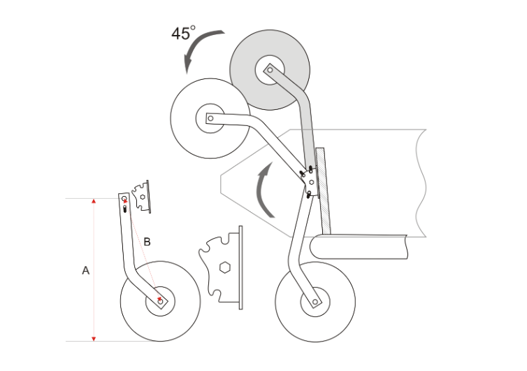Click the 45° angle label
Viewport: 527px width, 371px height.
click(x=183, y=33)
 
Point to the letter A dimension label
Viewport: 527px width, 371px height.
click(x=86, y=270)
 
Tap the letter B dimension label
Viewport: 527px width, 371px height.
click(x=147, y=241)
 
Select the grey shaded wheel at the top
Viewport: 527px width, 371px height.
click(x=270, y=70)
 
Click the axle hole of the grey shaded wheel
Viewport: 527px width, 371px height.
click(x=270, y=70)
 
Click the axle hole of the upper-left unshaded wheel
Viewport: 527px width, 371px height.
click(x=210, y=118)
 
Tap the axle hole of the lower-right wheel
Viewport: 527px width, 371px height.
click(x=315, y=302)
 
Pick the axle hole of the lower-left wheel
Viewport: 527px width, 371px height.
click(x=160, y=301)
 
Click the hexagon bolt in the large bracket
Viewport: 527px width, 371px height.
click(x=224, y=267)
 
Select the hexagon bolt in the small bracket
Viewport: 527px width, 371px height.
click(x=143, y=197)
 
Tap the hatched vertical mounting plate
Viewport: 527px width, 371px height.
click(x=323, y=191)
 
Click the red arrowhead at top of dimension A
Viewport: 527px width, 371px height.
click(x=94, y=201)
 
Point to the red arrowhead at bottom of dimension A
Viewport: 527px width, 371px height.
click(x=94, y=339)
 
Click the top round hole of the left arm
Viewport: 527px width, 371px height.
click(x=124, y=198)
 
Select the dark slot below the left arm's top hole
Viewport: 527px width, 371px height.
click(x=125, y=209)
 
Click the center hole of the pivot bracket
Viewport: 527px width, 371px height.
click(x=312, y=182)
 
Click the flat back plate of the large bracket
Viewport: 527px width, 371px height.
click(x=240, y=267)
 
